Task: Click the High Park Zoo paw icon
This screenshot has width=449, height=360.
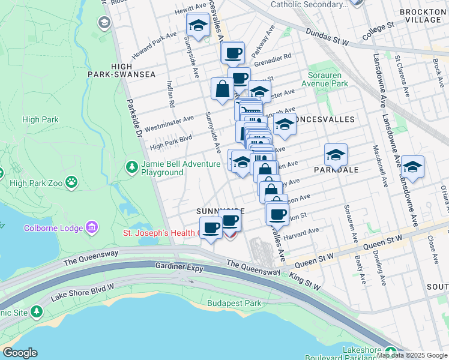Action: pyautogui.click(x=71, y=181)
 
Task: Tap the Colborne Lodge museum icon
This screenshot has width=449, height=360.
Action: pyautogui.click(x=91, y=227)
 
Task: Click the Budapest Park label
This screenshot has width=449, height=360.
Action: pyautogui.click(x=234, y=303)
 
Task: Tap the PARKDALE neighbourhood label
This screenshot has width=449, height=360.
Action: pyautogui.click(x=336, y=170)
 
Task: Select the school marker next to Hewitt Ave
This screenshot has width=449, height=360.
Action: pyautogui.click(x=197, y=25)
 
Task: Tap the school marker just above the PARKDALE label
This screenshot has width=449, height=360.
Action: pyautogui.click(x=336, y=155)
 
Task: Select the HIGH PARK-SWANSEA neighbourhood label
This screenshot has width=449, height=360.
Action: pyautogui.click(x=133, y=70)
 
